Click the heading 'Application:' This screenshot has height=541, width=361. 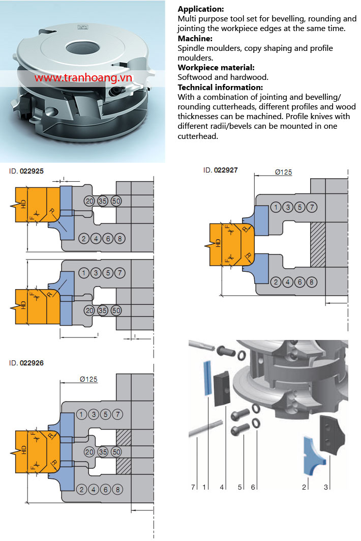[x=201, y=9]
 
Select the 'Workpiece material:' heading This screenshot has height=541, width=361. [x=216, y=68]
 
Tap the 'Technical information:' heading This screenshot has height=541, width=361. [x=220, y=88]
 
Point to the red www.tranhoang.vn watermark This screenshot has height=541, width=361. [x=83, y=78]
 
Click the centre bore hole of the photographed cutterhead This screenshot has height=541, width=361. [x=82, y=48]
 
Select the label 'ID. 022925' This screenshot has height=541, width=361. [x=26, y=171]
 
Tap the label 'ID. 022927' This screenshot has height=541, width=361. [x=220, y=170]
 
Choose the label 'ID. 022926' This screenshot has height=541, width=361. [x=26, y=363]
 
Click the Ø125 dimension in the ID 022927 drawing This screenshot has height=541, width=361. [x=283, y=172]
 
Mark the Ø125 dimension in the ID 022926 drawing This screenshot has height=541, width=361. [x=88, y=379]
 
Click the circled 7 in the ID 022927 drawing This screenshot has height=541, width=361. [x=312, y=207]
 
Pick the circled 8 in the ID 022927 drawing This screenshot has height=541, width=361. [x=311, y=282]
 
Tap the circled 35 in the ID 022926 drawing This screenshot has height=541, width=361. [x=103, y=452]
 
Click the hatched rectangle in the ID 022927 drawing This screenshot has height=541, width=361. [x=318, y=244]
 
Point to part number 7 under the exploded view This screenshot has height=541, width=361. [x=193, y=487]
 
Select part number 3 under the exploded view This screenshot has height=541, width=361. [x=326, y=487]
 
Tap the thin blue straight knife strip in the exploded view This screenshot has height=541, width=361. [x=208, y=378]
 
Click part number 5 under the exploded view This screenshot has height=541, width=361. [x=239, y=487]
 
